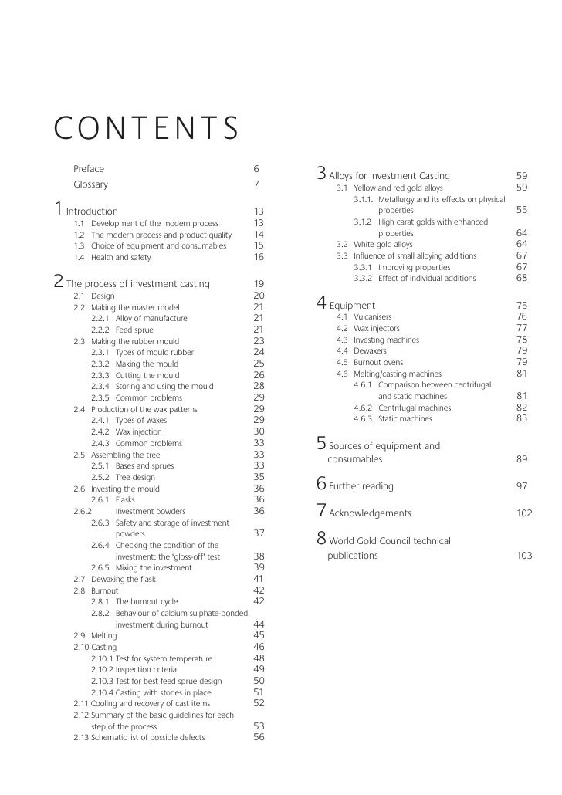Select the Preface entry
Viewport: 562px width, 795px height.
coord(88,169)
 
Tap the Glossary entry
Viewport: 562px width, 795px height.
coord(90,184)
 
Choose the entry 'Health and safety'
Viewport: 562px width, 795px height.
coord(120,257)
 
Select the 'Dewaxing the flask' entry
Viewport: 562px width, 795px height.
coord(124,578)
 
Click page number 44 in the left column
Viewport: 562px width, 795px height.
coord(259,624)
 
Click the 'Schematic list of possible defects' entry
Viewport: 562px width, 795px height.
coord(147,737)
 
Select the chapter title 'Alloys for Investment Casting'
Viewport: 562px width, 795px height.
coord(389,176)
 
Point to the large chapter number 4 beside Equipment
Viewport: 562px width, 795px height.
coord(321,303)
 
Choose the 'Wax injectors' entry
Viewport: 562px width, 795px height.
coord(377,328)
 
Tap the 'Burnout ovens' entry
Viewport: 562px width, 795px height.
coord(379,362)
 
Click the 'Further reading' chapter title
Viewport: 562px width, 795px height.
coord(361,486)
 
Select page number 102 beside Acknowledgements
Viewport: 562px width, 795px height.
coord(524,513)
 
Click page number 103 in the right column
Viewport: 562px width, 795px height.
coord(524,555)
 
